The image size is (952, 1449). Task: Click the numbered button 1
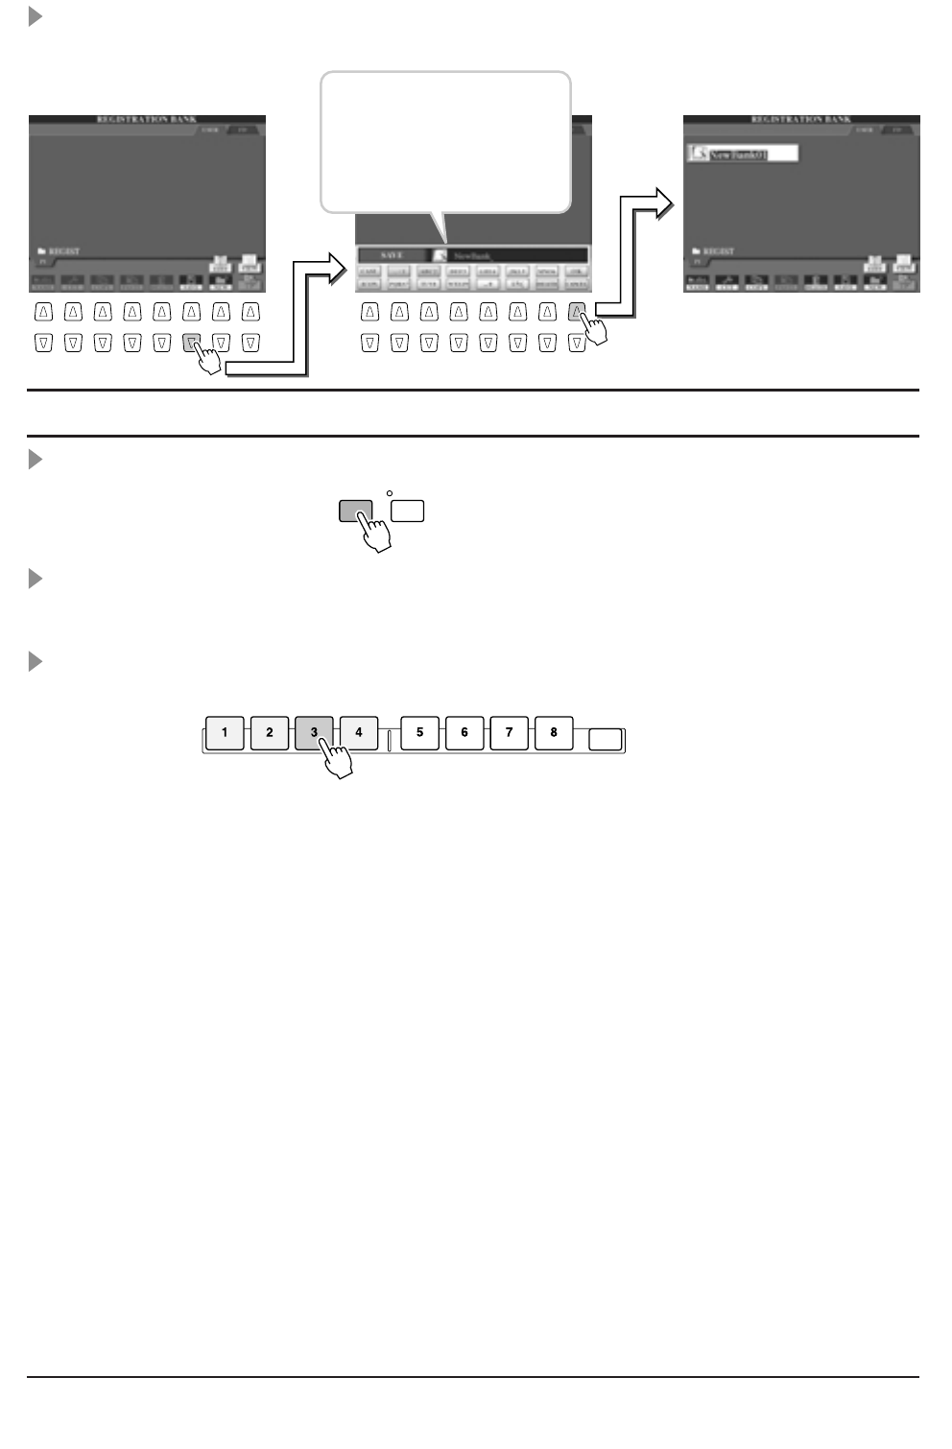(225, 733)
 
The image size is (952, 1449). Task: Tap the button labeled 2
(270, 733)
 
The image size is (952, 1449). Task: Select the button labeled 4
(359, 733)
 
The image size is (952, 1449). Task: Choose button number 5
(419, 733)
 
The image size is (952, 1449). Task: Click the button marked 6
(464, 733)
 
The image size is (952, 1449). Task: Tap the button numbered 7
(509, 733)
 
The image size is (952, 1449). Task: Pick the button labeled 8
(554, 733)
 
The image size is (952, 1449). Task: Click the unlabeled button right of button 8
(605, 740)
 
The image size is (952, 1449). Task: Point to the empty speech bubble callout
(445, 141)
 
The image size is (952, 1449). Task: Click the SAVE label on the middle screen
(392, 255)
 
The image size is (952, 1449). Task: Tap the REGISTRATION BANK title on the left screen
(147, 120)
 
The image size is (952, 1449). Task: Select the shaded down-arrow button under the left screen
(191, 342)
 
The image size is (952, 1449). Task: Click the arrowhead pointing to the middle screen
(335, 269)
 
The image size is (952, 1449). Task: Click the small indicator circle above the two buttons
(390, 493)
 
